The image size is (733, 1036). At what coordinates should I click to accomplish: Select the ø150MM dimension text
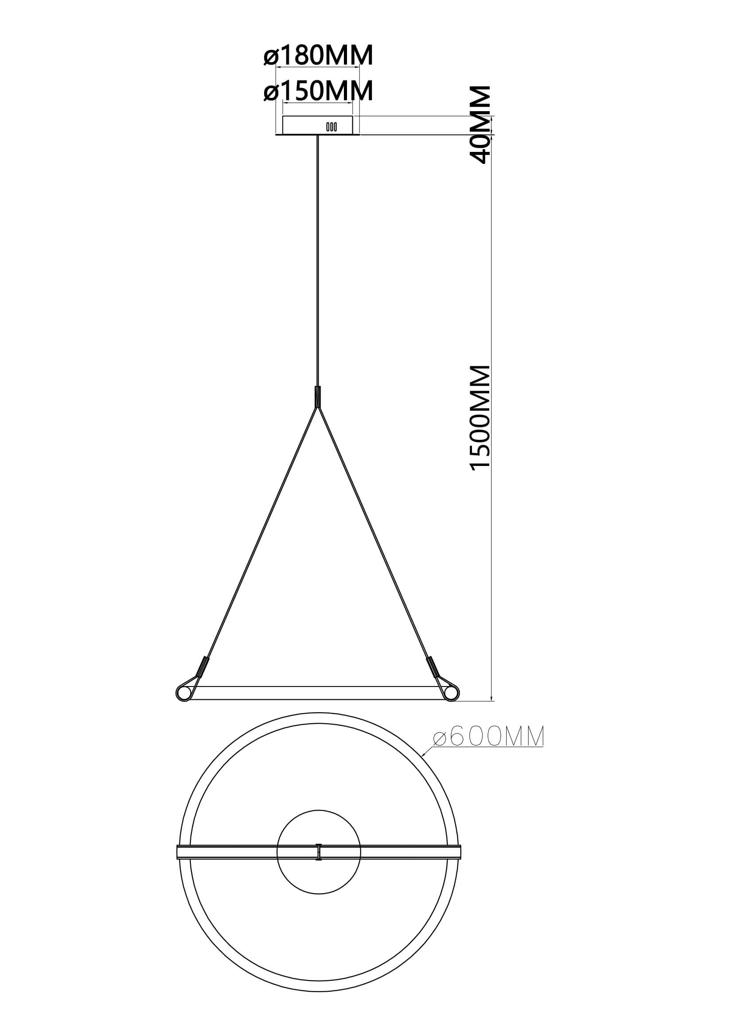[319, 91]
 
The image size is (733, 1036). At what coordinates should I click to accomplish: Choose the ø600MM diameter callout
[488, 737]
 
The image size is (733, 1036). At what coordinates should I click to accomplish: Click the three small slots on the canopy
[331, 127]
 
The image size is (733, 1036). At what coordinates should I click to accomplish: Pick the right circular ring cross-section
[451, 692]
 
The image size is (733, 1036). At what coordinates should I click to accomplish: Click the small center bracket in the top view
[319, 851]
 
